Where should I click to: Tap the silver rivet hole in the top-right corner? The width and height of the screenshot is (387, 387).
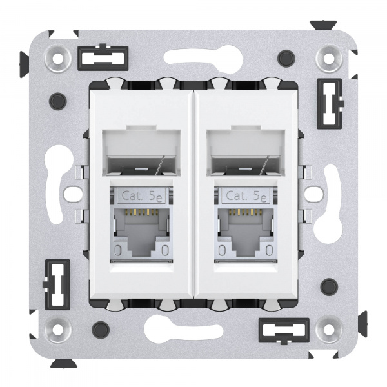point(328,59)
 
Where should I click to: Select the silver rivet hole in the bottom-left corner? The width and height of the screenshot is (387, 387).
point(59,329)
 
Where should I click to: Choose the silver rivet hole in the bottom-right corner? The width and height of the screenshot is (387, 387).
point(328,329)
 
